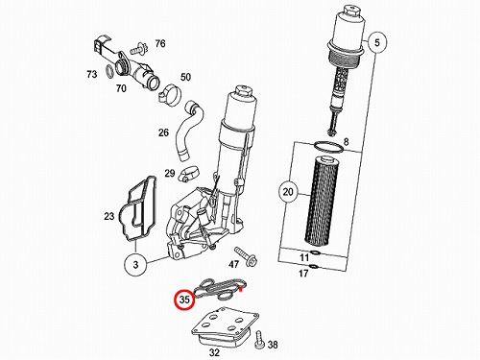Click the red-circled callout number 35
point(184,300)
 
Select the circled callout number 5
point(377,42)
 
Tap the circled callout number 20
point(288,192)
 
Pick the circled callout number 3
point(135,264)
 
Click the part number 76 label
point(160,43)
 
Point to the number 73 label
point(92,74)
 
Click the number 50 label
point(185,77)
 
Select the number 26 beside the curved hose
point(163,132)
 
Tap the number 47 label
point(233,264)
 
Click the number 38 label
point(273,345)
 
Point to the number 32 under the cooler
point(214,352)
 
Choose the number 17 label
point(303,274)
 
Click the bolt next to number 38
point(259,341)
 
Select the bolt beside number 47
point(246,256)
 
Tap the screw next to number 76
point(139,49)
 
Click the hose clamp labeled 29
point(188,174)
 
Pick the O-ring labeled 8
point(328,147)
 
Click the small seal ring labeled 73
point(109,71)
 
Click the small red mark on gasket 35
point(241,290)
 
